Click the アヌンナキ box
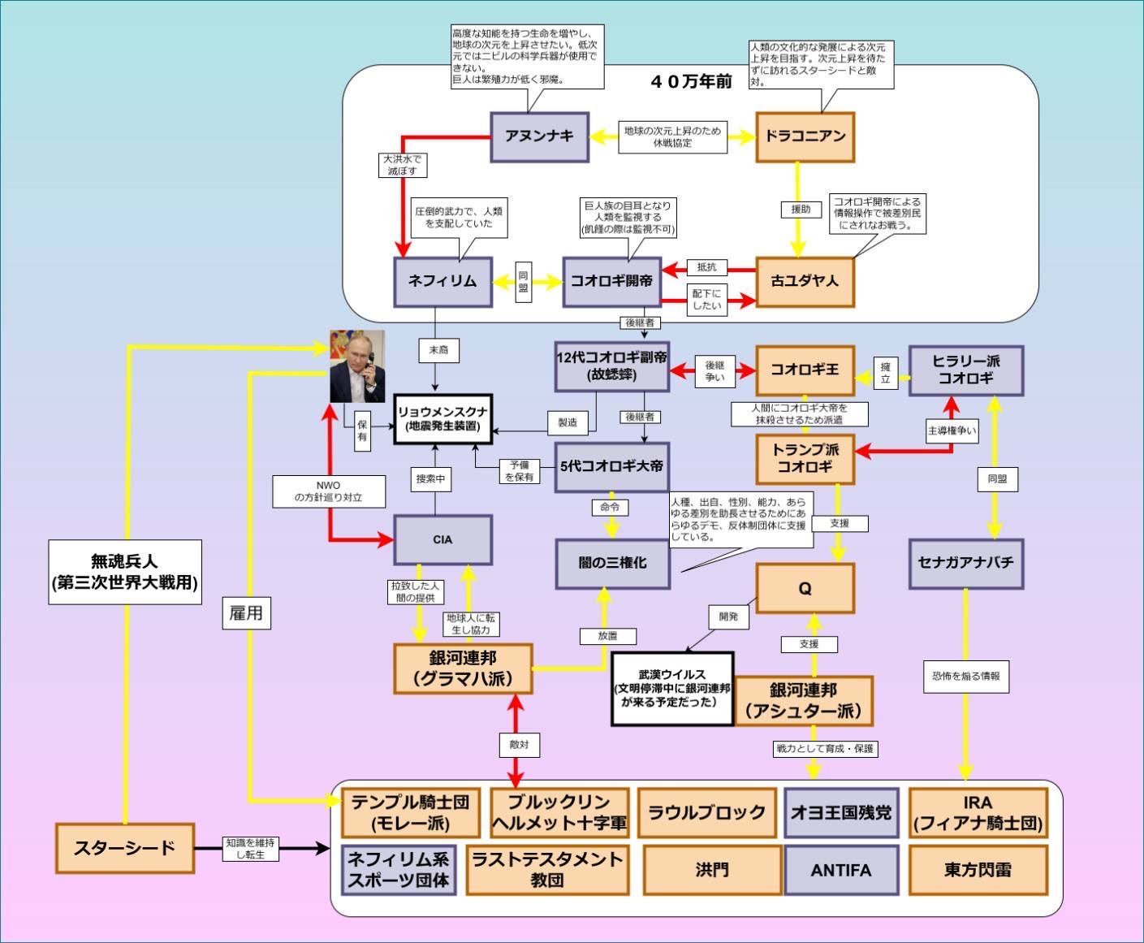539,137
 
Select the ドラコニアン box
805,137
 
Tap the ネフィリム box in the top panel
442,282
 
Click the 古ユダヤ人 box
805,282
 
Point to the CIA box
442,539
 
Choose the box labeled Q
805,588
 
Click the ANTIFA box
841,870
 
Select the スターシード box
125,848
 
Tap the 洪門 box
712,870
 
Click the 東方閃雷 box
978,870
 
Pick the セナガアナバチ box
965,563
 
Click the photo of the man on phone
357,366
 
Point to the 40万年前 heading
691,81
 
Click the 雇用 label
246,612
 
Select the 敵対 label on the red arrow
518,744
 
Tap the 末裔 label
438,350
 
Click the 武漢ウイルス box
672,688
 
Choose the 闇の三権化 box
612,563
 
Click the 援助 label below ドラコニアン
801,210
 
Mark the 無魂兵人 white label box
125,572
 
